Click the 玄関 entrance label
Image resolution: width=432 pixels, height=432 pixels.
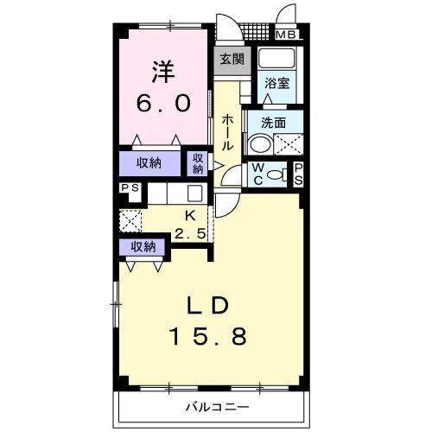pyautogui.click(x=229, y=60)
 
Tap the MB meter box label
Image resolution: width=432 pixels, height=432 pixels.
pyautogui.click(x=285, y=35)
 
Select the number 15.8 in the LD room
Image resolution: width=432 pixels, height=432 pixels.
pyautogui.click(x=207, y=336)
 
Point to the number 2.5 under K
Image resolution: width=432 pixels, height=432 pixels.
pyautogui.click(x=191, y=233)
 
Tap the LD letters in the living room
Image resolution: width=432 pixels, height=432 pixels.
pyautogui.click(x=207, y=306)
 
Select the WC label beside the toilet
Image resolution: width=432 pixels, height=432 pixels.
pyautogui.click(x=258, y=173)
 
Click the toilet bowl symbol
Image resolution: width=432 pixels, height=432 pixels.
pyautogui.click(x=276, y=174)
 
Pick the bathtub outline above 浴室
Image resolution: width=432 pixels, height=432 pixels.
pyautogui.click(x=276, y=62)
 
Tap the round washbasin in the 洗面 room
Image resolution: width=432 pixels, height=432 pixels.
pyautogui.click(x=259, y=143)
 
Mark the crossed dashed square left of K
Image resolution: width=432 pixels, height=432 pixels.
pyautogui.click(x=130, y=221)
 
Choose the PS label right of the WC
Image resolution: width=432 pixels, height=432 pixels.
pyautogui.click(x=298, y=173)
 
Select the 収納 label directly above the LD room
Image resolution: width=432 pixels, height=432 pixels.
pyautogui.click(x=143, y=246)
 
